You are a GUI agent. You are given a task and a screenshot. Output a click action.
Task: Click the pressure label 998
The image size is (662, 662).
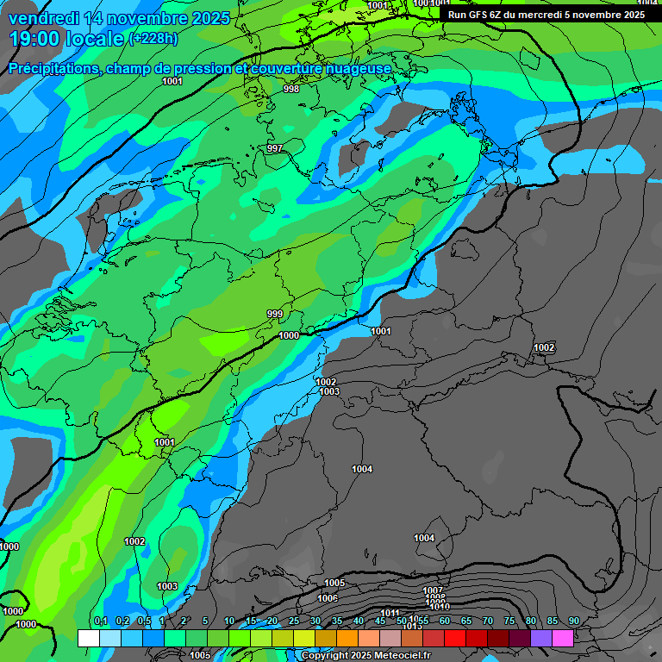(x=291, y=89)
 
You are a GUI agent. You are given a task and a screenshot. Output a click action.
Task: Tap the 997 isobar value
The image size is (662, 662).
(x=275, y=149)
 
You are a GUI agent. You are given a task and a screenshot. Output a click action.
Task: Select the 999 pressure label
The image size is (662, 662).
(x=275, y=314)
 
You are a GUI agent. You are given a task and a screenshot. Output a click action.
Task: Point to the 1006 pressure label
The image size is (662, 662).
(x=328, y=598)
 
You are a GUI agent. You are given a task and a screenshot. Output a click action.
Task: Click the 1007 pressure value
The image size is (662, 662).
(x=434, y=590)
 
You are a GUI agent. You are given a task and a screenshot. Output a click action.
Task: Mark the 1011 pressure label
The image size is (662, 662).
(x=390, y=613)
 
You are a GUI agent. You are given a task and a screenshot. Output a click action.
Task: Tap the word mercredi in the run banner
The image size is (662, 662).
(x=562, y=15)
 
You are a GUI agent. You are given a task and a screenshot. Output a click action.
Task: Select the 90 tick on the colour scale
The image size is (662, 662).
(x=573, y=621)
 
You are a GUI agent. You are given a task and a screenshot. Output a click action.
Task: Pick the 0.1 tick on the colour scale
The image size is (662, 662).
(x=100, y=621)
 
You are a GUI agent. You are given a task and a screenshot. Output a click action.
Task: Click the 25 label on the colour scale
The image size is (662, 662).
(x=294, y=621)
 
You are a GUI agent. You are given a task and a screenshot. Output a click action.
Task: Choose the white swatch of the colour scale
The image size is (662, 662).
(x=88, y=638)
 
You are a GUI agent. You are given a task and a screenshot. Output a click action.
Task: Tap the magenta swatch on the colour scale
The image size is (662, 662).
(x=563, y=638)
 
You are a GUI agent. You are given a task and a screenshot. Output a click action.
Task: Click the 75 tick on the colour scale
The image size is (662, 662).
(x=509, y=621)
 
